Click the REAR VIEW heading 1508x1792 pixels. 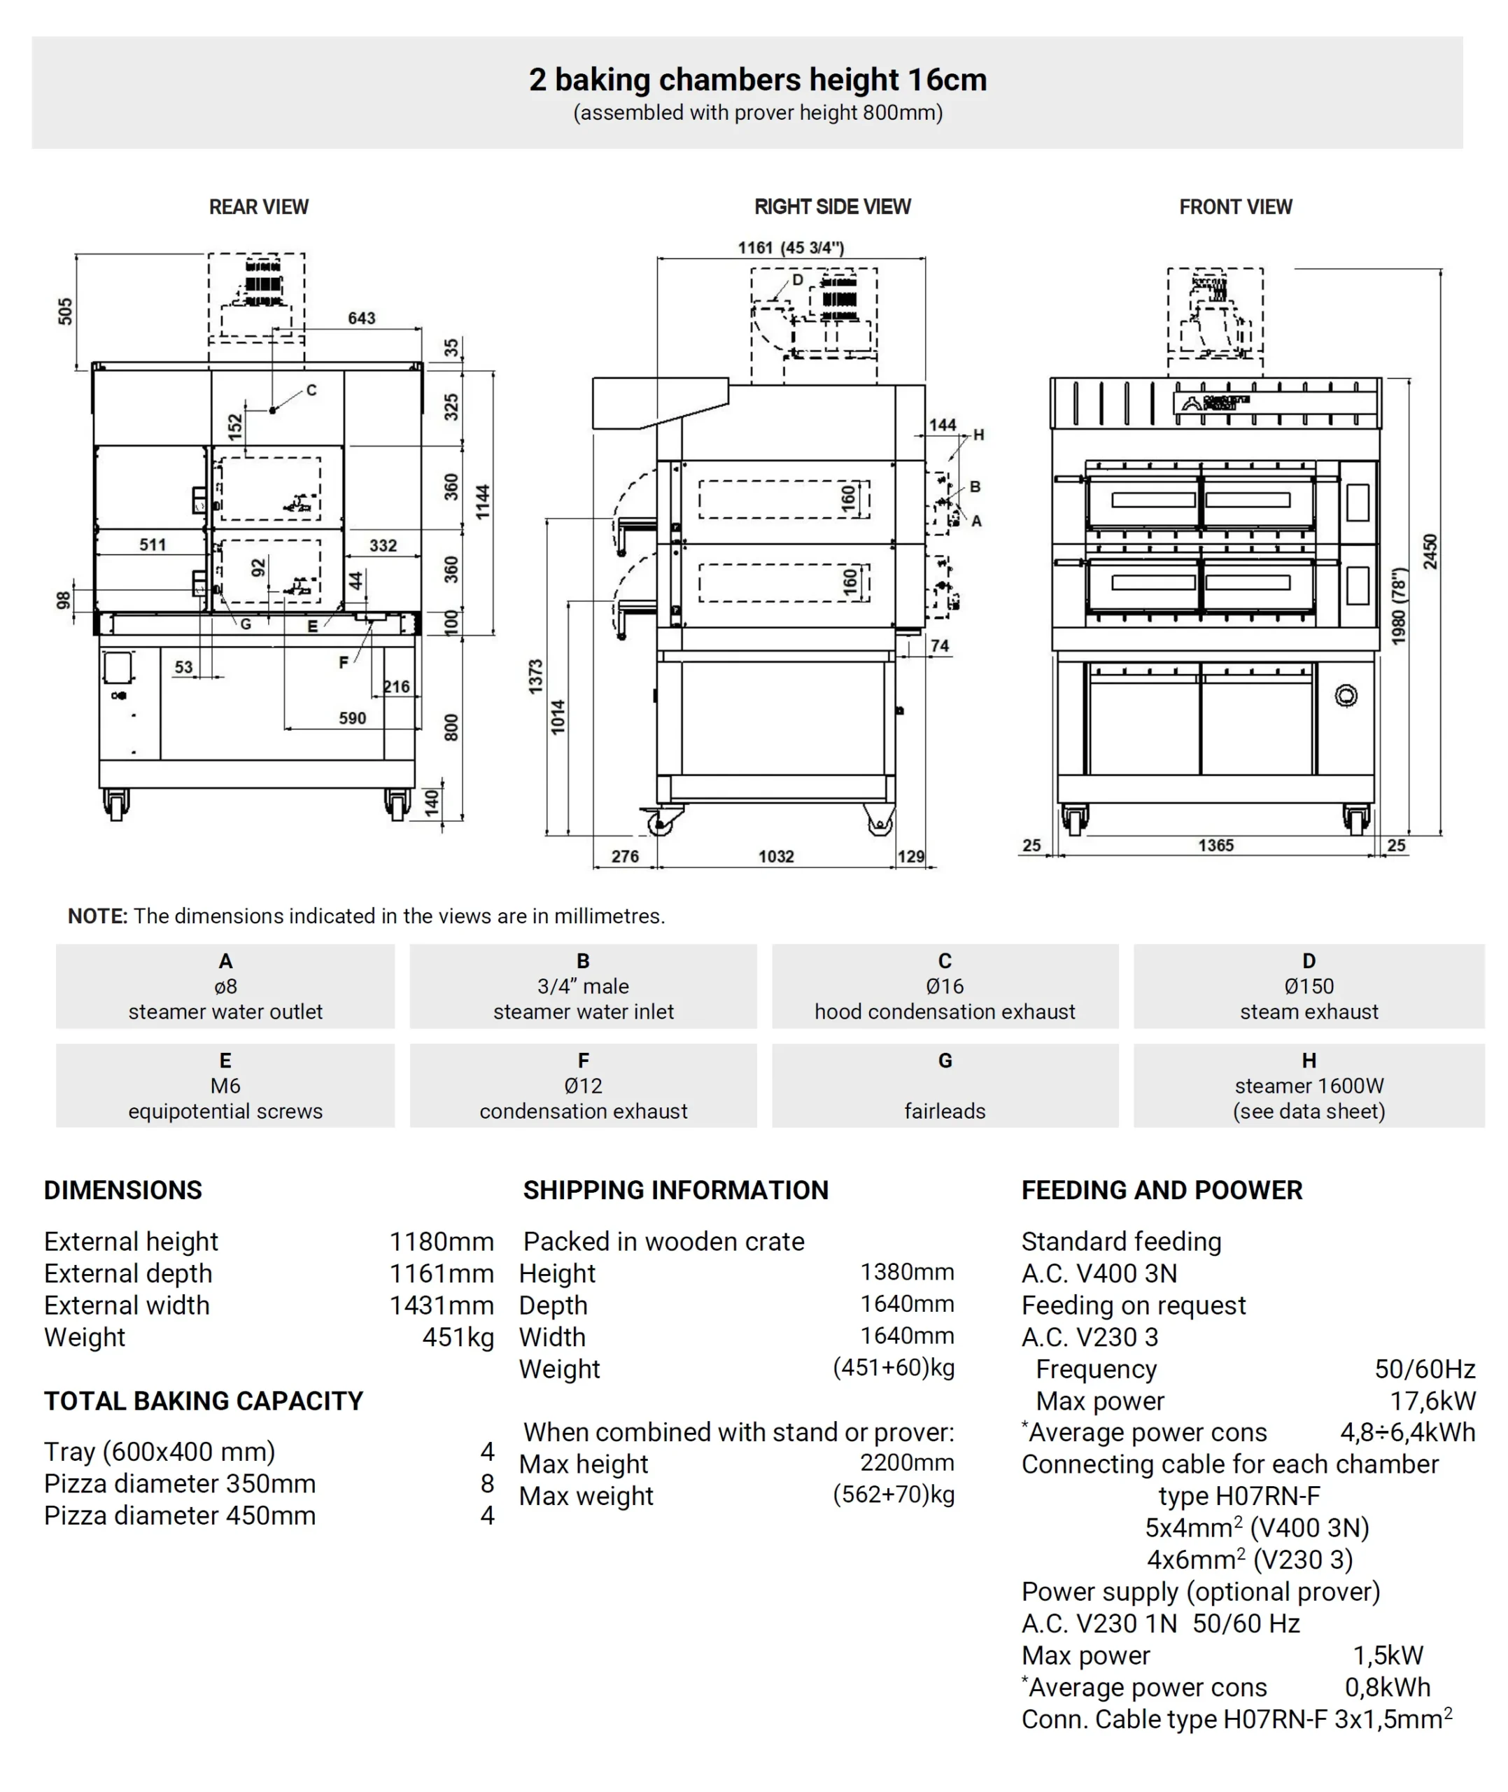tap(258, 207)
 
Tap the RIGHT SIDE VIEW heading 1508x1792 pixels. tap(832, 207)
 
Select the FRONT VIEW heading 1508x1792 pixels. tap(1235, 207)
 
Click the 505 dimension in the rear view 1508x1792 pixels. tap(66, 311)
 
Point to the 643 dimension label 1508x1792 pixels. tap(361, 318)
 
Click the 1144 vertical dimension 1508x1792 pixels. tap(483, 502)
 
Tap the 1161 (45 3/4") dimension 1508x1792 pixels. tap(791, 248)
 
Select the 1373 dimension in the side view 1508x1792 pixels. tap(536, 676)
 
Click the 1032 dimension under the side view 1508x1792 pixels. tap(776, 856)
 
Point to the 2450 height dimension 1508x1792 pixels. tap(1430, 552)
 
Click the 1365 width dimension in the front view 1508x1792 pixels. tap(1215, 845)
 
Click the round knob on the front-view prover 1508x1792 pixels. tap(1346, 696)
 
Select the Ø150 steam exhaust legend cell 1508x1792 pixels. tap(1308, 986)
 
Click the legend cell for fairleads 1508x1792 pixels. tap(945, 1086)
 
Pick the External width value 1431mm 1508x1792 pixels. tap(441, 1305)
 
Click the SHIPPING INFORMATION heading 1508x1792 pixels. tap(675, 1190)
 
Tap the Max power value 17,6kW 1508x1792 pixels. tap(1432, 1401)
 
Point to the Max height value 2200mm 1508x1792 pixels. tap(906, 1463)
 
